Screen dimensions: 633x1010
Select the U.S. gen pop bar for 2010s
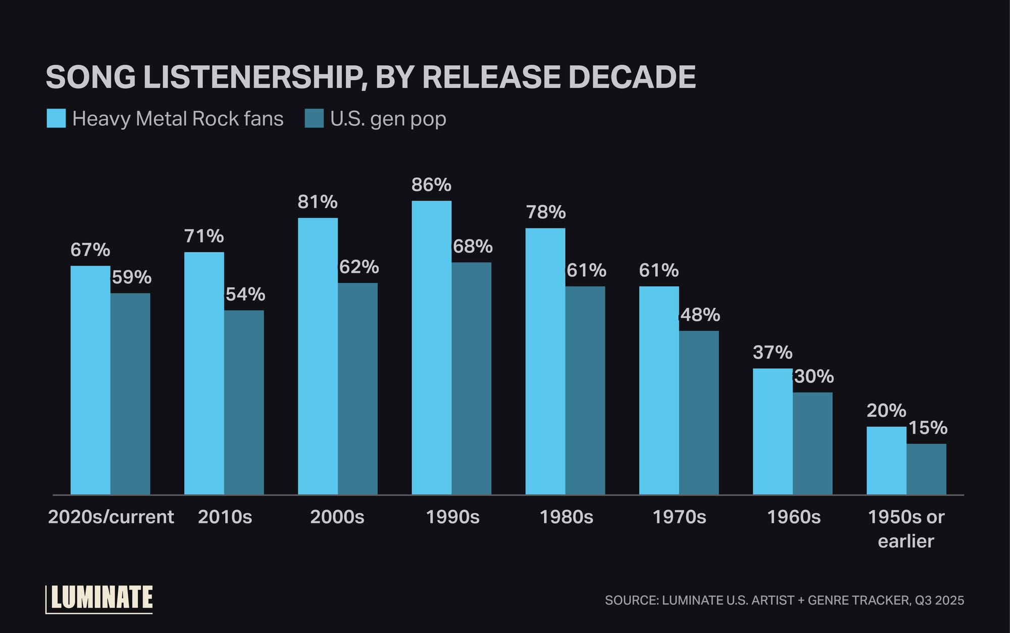pos(244,402)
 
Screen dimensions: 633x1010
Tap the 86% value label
pos(431,185)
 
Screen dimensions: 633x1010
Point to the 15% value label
pos(928,428)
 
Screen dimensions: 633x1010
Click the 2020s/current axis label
pos(111,517)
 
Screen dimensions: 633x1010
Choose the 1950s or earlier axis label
pos(906,528)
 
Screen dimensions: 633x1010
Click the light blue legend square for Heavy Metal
pos(56,118)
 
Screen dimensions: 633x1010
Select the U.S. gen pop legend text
pos(388,119)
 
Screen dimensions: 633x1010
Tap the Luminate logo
pos(100,599)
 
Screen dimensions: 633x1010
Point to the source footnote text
pos(784,600)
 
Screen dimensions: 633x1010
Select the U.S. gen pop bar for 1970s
pos(699,412)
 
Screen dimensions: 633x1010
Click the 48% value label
pos(700,315)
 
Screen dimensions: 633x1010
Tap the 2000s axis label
pos(337,517)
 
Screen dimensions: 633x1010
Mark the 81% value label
pos(317,202)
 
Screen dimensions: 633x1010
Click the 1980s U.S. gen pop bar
pos(585,390)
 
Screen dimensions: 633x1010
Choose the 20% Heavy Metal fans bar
pos(886,460)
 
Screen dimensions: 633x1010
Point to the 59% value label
pos(131,277)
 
